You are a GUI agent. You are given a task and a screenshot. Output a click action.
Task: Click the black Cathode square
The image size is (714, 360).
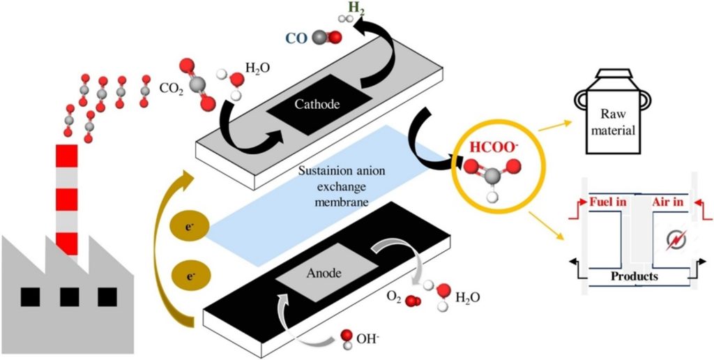(x=317, y=104)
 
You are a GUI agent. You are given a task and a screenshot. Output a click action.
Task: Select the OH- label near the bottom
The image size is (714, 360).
(x=370, y=339)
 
